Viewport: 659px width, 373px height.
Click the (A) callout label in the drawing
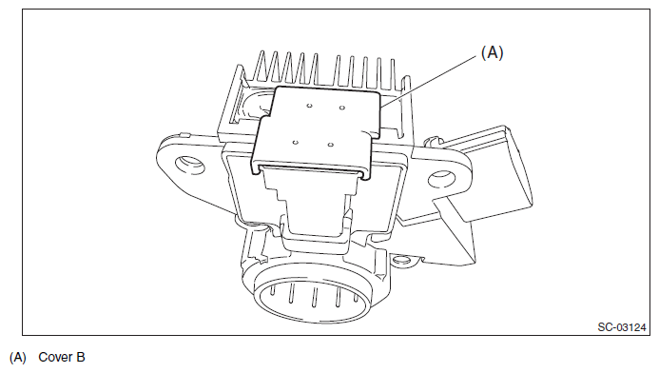coord(493,52)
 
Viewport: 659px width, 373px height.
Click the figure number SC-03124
coord(622,327)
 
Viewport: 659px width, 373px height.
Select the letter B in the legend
coord(80,357)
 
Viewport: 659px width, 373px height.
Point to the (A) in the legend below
coord(18,358)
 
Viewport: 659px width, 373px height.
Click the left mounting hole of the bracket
coord(189,165)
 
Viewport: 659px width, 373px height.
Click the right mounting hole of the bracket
coord(442,179)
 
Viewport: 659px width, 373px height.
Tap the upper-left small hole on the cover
coord(309,105)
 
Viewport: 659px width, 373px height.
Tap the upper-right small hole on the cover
coord(342,108)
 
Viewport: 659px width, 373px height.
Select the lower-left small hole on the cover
coord(296,142)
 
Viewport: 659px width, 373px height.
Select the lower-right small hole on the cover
coord(331,145)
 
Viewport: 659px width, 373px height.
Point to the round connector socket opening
coord(312,300)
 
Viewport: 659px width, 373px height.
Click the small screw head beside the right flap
coord(431,140)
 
